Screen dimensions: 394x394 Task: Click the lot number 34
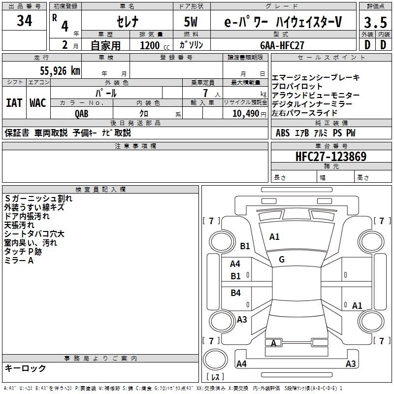point(24,21)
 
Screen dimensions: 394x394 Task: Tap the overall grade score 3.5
point(375,23)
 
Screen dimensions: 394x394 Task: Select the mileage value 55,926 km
point(60,71)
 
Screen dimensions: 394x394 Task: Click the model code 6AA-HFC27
point(282,45)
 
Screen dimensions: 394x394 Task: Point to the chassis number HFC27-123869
point(331,156)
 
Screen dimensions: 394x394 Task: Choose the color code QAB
point(82,114)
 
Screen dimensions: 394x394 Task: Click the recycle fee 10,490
point(246,114)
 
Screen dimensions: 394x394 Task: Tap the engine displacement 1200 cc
point(155,45)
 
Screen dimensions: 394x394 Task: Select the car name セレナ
point(128,22)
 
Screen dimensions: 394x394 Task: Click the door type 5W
point(191,22)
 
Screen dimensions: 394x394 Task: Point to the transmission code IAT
point(14,103)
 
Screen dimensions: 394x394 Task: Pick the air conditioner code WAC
point(38,103)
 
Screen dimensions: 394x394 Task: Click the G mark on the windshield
point(282,260)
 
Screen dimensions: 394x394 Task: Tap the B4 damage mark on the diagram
point(236,293)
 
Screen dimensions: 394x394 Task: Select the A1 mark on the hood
point(274,237)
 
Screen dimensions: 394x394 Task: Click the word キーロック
point(25,368)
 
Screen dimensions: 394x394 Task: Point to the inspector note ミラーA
point(19,261)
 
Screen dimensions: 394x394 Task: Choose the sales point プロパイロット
point(297,86)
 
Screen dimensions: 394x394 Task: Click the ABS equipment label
point(283,133)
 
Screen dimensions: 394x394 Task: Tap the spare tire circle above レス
point(215,359)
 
